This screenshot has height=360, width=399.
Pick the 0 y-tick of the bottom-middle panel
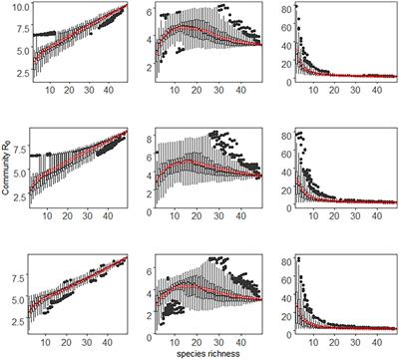149,333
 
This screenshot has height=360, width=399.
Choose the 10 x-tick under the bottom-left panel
46,342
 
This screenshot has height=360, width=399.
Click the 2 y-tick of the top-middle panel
149,68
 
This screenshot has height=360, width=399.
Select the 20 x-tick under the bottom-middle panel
198,342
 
